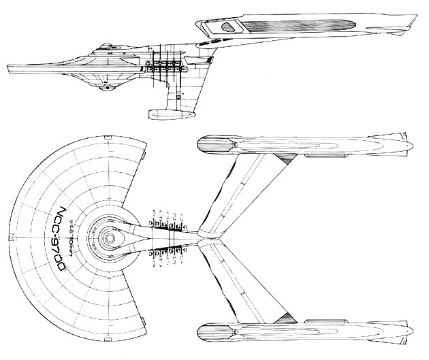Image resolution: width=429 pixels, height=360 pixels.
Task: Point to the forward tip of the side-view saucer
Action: point(10,69)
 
